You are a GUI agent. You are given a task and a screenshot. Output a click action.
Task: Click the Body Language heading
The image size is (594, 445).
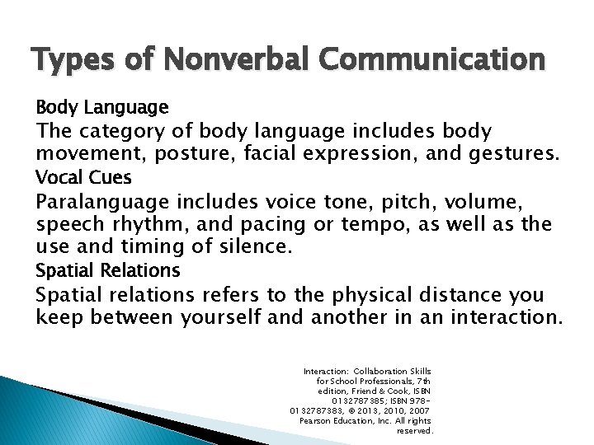[x=101, y=107]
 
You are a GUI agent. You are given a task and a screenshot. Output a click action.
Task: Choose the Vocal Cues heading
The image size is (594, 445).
[x=83, y=177]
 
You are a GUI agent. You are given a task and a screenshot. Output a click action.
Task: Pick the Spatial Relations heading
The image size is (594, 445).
[x=107, y=270]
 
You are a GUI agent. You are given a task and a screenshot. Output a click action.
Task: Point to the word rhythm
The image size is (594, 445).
[x=149, y=223]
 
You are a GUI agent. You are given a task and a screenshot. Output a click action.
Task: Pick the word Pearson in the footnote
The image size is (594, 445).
[x=316, y=420]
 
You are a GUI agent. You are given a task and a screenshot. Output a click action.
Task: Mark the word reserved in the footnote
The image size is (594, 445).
[x=414, y=430]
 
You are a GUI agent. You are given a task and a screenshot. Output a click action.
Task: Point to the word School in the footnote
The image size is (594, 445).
[x=347, y=382]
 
